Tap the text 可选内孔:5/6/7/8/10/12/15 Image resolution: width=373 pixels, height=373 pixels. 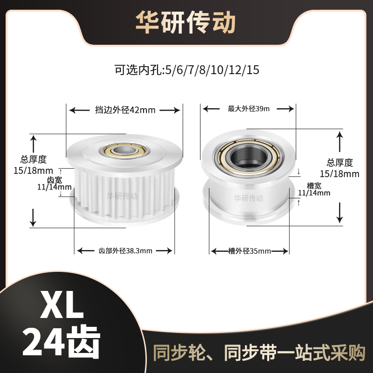pos(186,71)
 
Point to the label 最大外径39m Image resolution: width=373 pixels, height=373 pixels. pos(249,109)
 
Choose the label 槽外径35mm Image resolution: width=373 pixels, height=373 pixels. pos(250,251)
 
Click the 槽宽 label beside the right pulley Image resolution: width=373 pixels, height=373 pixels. pos(313,185)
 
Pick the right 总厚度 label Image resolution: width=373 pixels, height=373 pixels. pos(340,163)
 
